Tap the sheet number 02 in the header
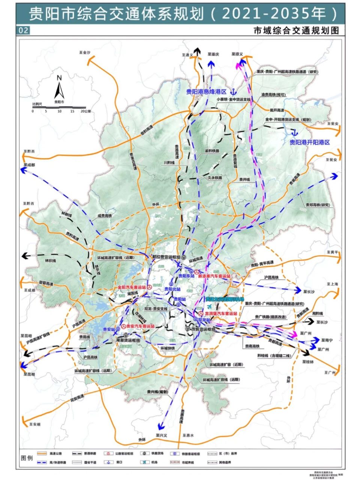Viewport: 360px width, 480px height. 23,30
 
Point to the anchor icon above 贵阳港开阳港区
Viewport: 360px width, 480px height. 295,132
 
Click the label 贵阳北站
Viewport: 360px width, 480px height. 172,289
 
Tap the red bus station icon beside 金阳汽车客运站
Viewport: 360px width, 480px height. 149,287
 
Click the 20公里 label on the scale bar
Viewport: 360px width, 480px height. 85,111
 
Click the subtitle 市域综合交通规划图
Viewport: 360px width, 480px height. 296,31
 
